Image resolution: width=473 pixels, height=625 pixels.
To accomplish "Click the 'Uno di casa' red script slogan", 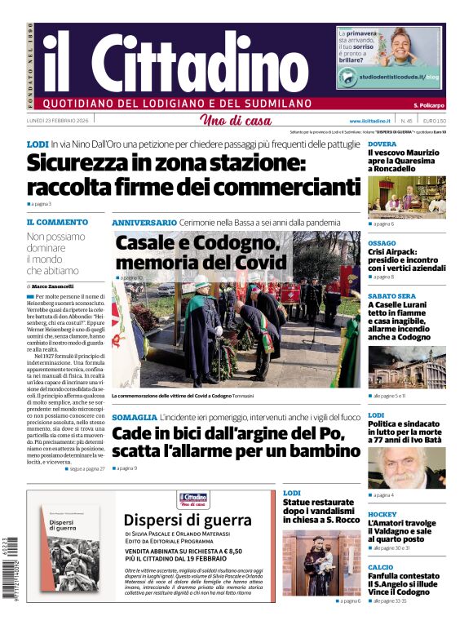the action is (x=236, y=121).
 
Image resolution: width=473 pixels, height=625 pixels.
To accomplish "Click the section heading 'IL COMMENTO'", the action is (x=57, y=222).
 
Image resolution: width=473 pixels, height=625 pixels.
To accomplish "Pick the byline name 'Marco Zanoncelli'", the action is (x=54, y=286).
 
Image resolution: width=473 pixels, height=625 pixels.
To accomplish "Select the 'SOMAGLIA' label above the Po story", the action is (x=135, y=417).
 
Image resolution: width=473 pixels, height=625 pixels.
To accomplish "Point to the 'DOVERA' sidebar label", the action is (x=382, y=144).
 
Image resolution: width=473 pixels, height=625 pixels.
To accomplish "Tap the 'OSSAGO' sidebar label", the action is (x=382, y=243).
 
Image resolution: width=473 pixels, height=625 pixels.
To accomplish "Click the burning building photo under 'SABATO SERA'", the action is (x=406, y=368).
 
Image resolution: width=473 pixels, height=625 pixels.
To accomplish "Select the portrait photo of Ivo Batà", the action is (x=406, y=468).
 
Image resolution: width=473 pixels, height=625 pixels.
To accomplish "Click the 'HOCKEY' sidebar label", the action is (x=382, y=515).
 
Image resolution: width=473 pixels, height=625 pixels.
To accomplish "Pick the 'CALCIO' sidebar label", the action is (x=380, y=566).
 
